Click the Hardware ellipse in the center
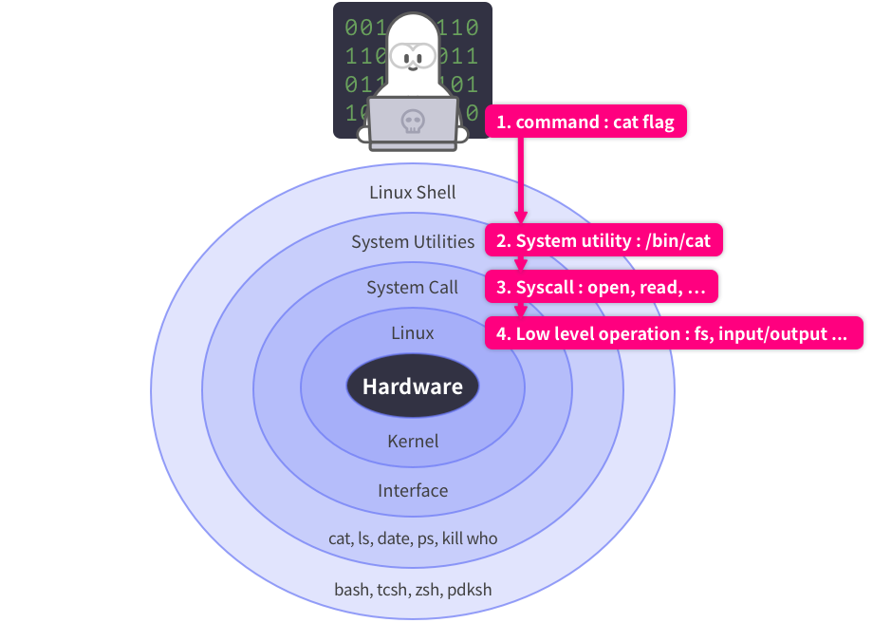click(412, 387)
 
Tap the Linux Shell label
click(412, 193)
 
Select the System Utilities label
click(413, 241)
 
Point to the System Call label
click(412, 287)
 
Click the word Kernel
click(413, 441)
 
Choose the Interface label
click(413, 490)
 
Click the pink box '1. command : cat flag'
click(586, 123)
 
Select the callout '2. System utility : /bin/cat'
click(604, 241)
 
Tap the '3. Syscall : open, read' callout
click(603, 287)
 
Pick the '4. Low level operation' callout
click(674, 333)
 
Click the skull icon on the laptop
click(412, 122)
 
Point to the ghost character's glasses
click(412, 56)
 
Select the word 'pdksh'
click(469, 590)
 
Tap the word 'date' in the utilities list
click(392, 538)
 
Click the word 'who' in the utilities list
click(482, 538)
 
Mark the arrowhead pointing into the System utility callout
click(520, 217)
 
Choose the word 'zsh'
click(426, 590)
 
